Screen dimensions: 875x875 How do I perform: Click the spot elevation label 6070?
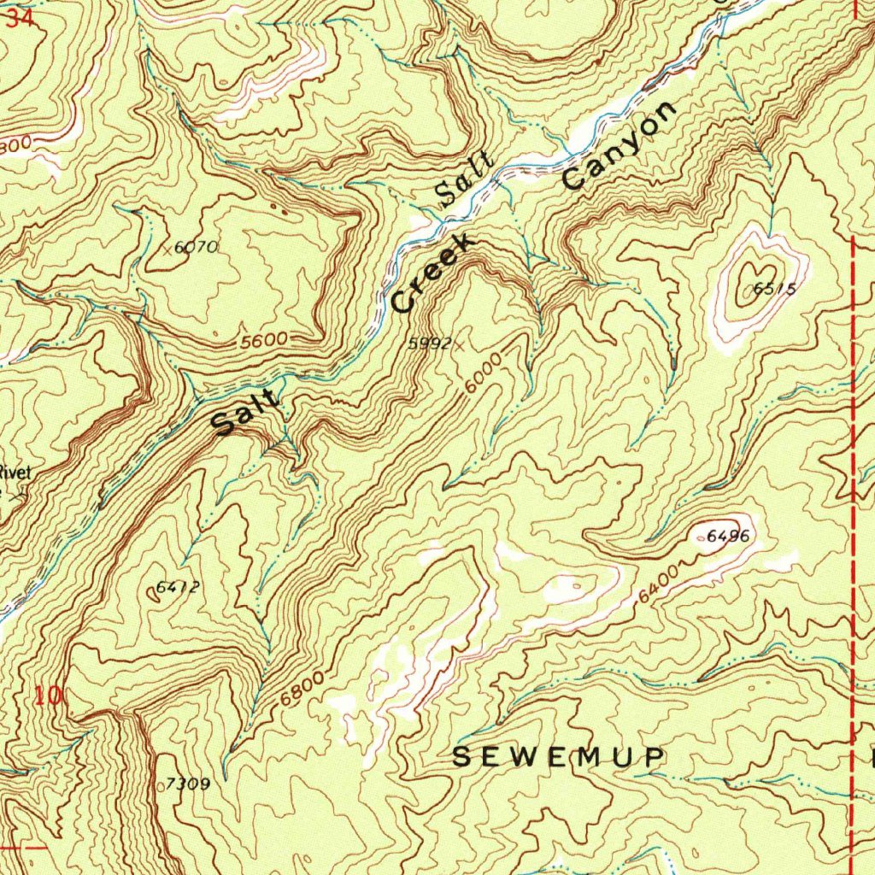pos(197,248)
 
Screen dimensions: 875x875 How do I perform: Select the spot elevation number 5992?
pos(429,343)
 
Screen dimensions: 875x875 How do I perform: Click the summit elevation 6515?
pos(775,290)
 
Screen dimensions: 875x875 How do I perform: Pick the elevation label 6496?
pos(729,537)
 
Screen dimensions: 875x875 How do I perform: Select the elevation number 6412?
pos(178,587)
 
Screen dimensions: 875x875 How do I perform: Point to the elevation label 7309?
pos(188,784)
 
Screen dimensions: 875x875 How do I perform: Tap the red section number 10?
pos(50,696)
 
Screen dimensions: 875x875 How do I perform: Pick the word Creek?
pos(432,275)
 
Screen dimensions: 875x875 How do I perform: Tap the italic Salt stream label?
pos(464,180)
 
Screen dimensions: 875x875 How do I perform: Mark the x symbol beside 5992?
pos(459,345)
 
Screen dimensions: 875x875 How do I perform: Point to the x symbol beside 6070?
pos(167,247)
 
